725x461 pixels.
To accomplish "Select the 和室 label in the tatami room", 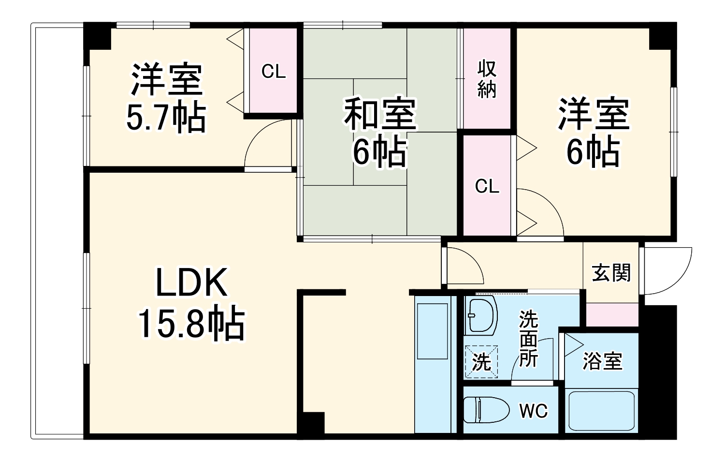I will coord(379,114).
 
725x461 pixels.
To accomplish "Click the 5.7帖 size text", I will coord(166,118).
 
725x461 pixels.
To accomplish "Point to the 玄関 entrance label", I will coord(611,273).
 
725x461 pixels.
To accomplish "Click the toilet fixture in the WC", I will coord(487,410).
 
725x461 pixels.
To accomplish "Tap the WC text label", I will coord(534,411).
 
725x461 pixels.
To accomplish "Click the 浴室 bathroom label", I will coord(602,361).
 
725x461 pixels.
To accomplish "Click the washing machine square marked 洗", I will coord(481,361).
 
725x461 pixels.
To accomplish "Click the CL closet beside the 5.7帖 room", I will coord(274,72).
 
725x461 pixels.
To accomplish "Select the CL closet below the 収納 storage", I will coord(487,186).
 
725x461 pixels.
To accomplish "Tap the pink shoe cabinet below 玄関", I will coord(612,314).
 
